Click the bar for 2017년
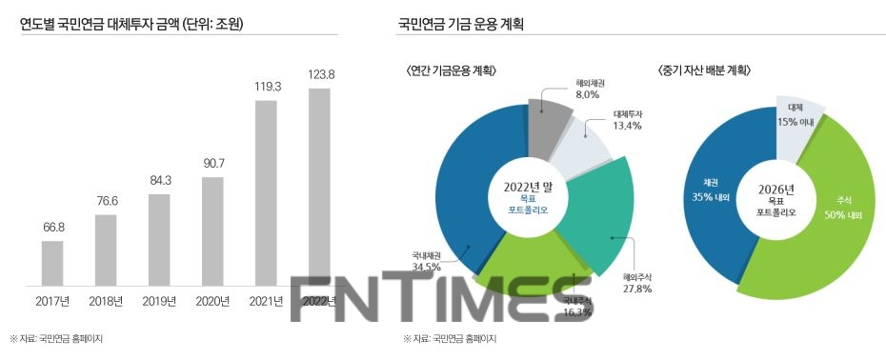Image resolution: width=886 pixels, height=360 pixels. click(x=52, y=264)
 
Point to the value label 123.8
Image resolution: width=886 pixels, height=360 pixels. click(x=319, y=74)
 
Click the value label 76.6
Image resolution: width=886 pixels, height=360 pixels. click(x=106, y=200)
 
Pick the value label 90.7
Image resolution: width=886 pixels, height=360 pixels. click(x=212, y=163)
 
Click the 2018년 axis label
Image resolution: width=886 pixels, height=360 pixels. click(x=106, y=302)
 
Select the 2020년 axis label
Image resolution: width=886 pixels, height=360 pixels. click(x=212, y=302)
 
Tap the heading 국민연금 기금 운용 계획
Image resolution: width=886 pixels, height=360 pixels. click(x=461, y=22)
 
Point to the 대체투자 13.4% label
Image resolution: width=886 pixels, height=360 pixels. click(x=627, y=119)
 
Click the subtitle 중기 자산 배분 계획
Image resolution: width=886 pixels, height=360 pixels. click(x=704, y=70)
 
